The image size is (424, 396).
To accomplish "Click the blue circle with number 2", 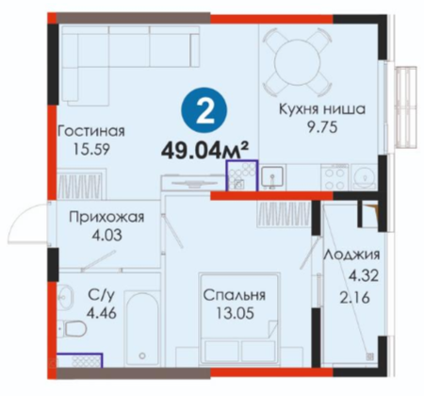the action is click(204, 110).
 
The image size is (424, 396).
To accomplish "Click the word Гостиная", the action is click(91, 131).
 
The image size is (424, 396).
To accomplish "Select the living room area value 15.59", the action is click(91, 149).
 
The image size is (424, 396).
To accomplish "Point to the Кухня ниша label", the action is click(322, 109).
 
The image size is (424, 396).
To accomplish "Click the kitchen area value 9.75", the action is click(322, 127).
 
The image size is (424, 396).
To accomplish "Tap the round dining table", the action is click(297, 62).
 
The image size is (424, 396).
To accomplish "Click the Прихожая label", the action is click(106, 217).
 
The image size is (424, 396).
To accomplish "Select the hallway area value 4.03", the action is click(106, 236).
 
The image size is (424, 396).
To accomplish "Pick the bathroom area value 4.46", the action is click(102, 313).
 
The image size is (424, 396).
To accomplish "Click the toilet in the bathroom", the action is click(73, 329).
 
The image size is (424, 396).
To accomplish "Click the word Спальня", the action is click(234, 295).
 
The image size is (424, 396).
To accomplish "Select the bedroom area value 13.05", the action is click(235, 313).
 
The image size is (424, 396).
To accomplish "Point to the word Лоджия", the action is click(351, 255).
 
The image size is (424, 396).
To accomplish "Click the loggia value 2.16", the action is click(354, 298).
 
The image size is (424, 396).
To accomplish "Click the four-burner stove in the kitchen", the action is click(334, 178).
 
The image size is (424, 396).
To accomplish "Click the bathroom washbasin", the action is click(65, 296).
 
